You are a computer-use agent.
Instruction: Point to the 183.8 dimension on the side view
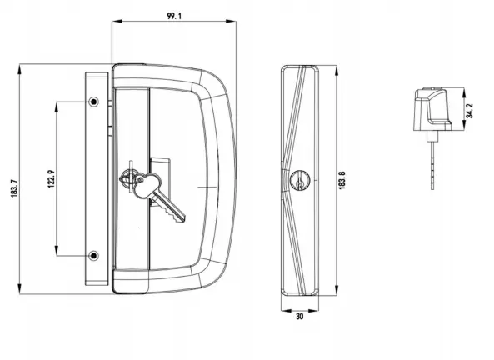pos(342,179)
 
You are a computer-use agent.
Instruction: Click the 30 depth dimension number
pos(300,317)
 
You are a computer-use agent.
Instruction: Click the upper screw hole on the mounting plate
pos(93,102)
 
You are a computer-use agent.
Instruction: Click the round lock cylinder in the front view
pos(128,177)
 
